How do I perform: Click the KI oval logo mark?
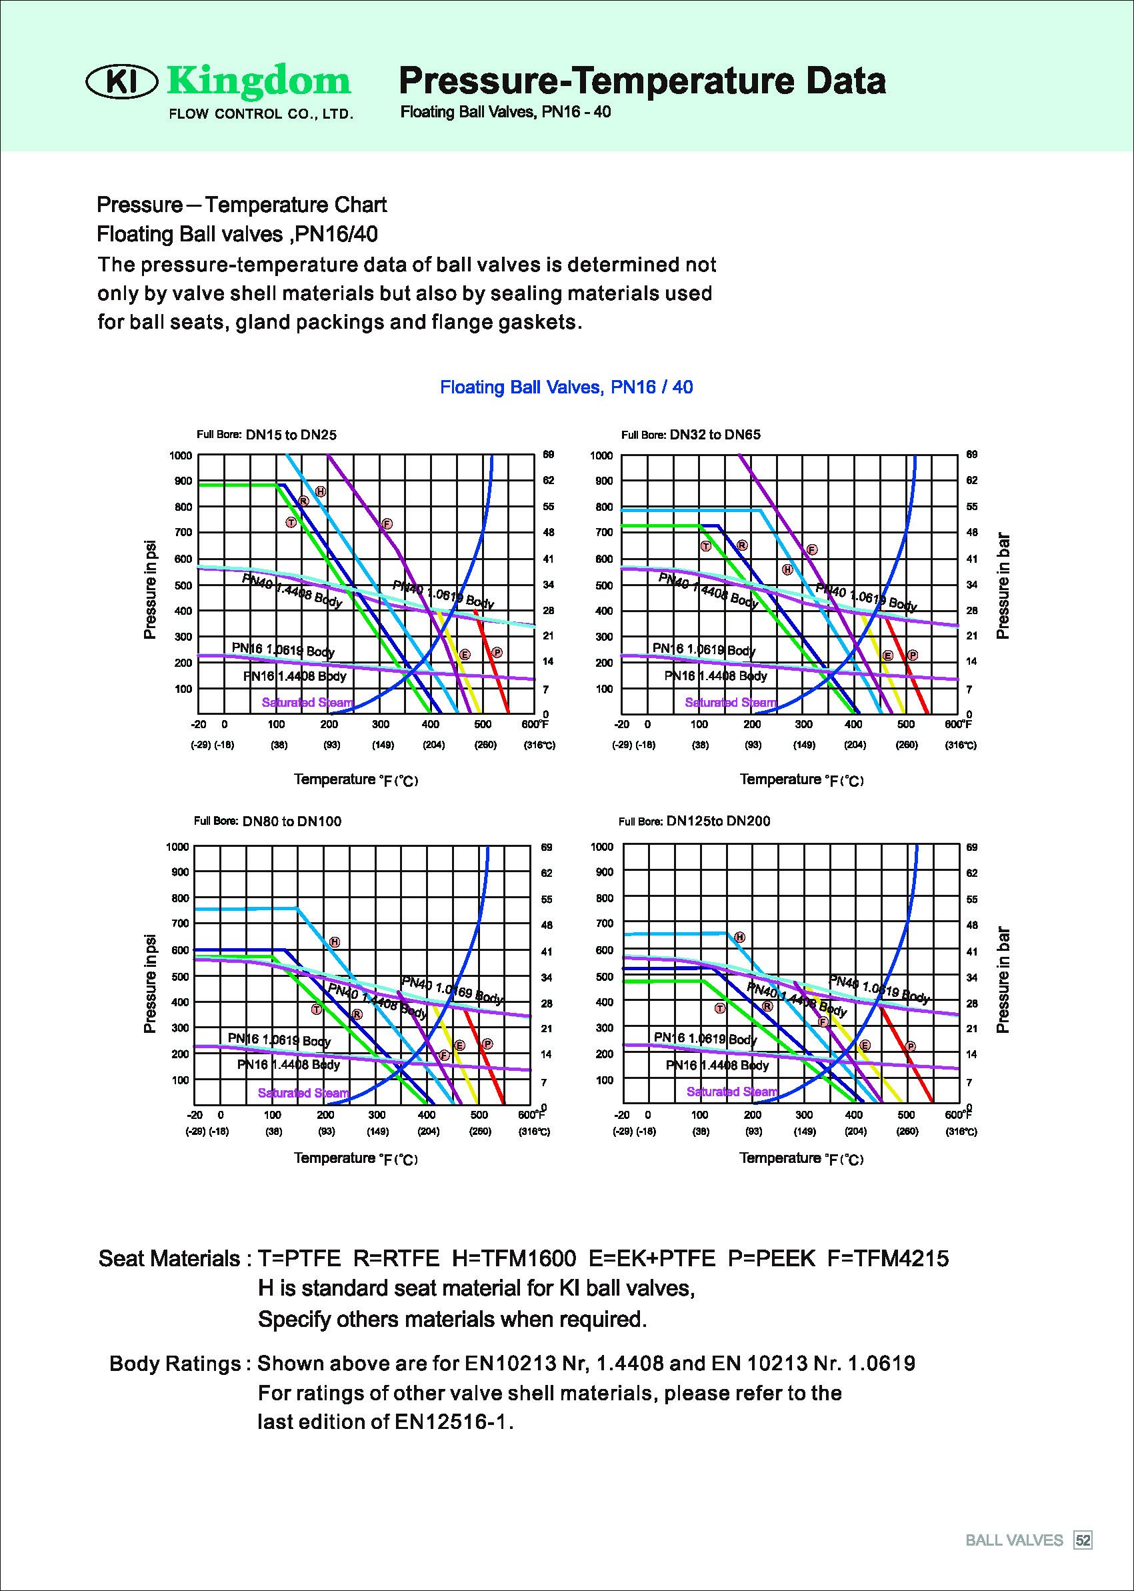[121, 83]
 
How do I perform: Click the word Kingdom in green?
[259, 82]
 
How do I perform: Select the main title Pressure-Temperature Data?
[642, 80]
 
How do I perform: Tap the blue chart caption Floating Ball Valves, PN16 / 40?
[566, 387]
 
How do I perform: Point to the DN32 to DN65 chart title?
[715, 434]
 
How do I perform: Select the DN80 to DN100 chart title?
[292, 822]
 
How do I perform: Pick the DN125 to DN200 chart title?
[718, 821]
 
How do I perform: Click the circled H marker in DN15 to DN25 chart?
[321, 491]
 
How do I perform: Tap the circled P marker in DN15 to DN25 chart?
[497, 652]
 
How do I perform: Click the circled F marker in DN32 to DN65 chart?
[812, 549]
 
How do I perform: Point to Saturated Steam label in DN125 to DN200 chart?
[732, 1091]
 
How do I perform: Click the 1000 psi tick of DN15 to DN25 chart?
[180, 455]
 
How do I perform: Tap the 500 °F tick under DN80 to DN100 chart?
[479, 1115]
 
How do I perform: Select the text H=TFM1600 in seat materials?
[514, 1258]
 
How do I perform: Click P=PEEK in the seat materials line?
[771, 1258]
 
